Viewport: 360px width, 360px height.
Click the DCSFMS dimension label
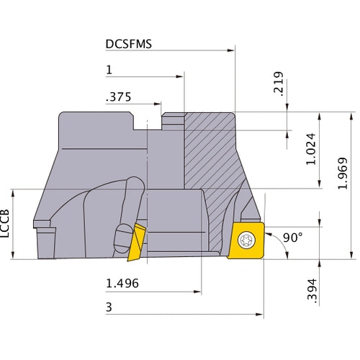tap(128, 43)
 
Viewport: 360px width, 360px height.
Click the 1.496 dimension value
tap(122, 284)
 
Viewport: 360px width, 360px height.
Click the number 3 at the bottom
tap(109, 307)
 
